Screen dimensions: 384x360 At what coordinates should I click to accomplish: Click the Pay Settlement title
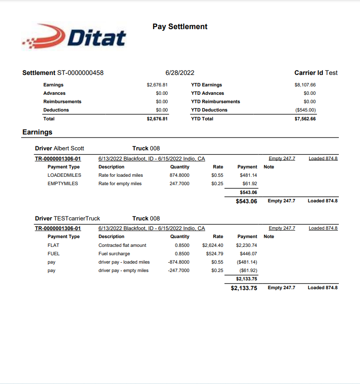tap(180, 26)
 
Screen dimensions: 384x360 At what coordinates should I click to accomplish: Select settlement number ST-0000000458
tap(80, 73)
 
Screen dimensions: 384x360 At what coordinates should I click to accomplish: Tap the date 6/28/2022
tap(180, 73)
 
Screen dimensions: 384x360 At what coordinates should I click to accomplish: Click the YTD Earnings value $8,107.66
tap(305, 85)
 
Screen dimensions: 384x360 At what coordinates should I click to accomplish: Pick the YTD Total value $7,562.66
tap(305, 119)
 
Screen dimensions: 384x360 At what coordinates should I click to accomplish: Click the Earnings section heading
tap(37, 132)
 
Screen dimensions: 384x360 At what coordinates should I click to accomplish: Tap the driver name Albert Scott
tap(69, 148)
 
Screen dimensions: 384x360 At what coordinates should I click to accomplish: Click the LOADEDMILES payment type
tap(64, 175)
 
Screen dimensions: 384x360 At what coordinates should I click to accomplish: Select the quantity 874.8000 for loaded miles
tap(180, 175)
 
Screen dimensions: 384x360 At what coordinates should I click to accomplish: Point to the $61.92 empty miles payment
tap(249, 183)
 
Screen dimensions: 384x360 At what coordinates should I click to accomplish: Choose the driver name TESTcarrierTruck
tap(77, 218)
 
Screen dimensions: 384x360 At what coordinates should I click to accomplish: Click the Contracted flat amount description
tap(122, 245)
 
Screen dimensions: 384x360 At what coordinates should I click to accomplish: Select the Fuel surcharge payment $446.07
tap(248, 254)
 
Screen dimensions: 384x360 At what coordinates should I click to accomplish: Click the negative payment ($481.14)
tap(247, 262)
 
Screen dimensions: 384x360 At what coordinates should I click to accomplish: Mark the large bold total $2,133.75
tap(244, 287)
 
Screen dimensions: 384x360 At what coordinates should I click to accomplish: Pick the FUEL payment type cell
tap(53, 254)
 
